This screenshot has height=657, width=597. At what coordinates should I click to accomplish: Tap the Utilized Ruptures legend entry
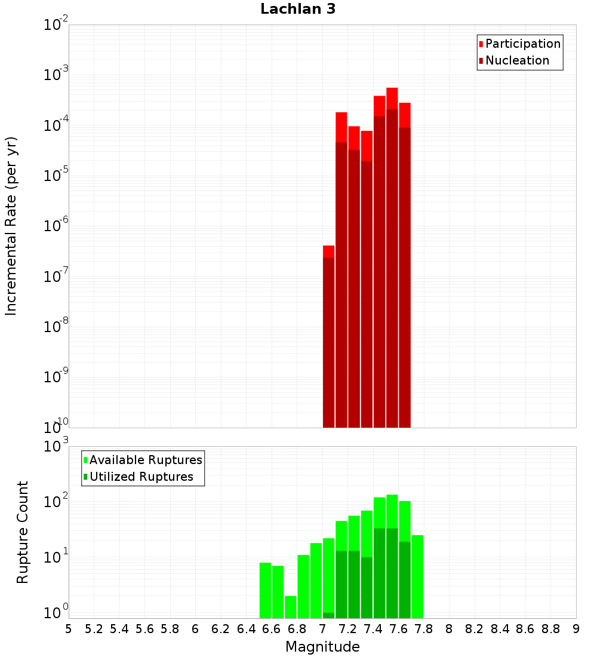click(x=141, y=477)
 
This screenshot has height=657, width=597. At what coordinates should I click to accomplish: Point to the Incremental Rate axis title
click(x=11, y=226)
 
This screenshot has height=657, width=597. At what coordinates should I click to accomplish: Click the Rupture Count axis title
click(x=23, y=532)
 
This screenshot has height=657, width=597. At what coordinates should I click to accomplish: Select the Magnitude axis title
click(x=322, y=647)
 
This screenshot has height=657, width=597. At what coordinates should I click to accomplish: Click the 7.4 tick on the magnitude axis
click(x=373, y=629)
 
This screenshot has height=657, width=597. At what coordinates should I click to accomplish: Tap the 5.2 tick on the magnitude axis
click(x=94, y=629)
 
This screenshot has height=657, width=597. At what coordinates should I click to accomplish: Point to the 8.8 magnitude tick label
click(x=550, y=629)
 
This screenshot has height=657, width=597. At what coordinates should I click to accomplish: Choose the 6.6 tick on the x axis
click(x=272, y=629)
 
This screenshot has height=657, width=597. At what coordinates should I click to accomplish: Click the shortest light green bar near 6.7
click(x=291, y=607)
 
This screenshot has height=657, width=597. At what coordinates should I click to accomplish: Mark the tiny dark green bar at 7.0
click(x=328, y=615)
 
